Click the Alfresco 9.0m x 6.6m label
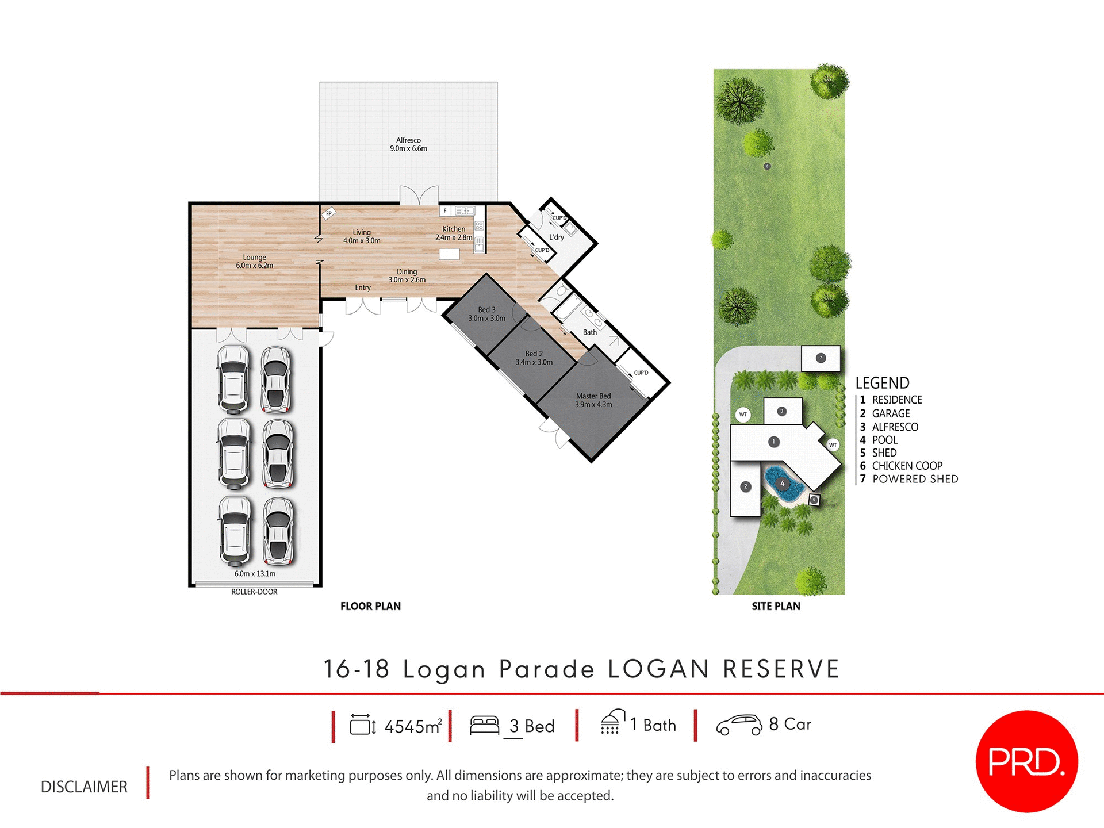(408, 144)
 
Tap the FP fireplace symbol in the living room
(328, 213)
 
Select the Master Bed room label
(593, 400)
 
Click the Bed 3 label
(486, 314)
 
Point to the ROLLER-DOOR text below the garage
(254, 592)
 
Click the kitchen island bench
(449, 254)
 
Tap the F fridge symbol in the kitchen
(445, 211)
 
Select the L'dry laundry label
(556, 237)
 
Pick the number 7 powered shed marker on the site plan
(821, 358)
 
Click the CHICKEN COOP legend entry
(907, 466)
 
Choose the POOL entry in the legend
(884, 440)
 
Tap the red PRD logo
(1026, 761)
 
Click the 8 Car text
(790, 724)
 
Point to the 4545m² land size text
(413, 726)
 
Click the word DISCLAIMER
(84, 787)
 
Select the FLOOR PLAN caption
(370, 606)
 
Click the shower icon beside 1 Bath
(612, 722)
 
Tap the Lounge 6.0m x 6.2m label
(254, 262)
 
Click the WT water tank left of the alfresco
(743, 415)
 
